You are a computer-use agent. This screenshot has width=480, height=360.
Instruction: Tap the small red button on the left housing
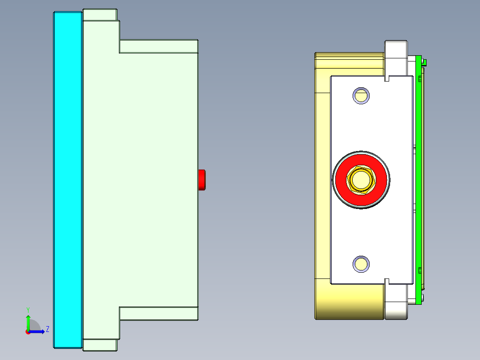(x=202, y=180)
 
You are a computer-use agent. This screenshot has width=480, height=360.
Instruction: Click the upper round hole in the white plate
(x=361, y=95)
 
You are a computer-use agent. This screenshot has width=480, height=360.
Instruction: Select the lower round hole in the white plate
(x=361, y=264)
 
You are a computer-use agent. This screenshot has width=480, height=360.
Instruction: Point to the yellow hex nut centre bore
(x=361, y=180)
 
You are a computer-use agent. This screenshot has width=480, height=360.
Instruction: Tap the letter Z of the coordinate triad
(x=47, y=329)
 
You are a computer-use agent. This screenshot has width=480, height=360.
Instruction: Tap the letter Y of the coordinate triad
(x=28, y=310)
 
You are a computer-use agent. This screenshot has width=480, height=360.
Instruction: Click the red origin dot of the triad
(x=28, y=331)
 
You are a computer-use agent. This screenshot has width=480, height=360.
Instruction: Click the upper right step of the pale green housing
(x=159, y=46)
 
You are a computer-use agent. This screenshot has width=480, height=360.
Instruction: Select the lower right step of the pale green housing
(x=159, y=314)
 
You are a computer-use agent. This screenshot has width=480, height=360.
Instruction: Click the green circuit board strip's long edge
(x=418, y=178)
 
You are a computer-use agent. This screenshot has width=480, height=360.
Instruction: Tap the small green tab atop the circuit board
(x=425, y=62)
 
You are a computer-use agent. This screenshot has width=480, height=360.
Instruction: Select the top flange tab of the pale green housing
(x=100, y=15)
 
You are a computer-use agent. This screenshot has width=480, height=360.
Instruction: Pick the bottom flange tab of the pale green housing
(x=100, y=345)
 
